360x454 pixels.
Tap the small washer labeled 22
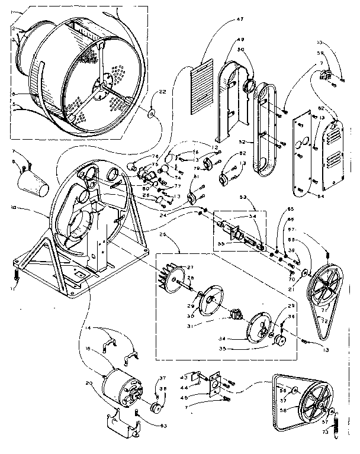tap(152, 113)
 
